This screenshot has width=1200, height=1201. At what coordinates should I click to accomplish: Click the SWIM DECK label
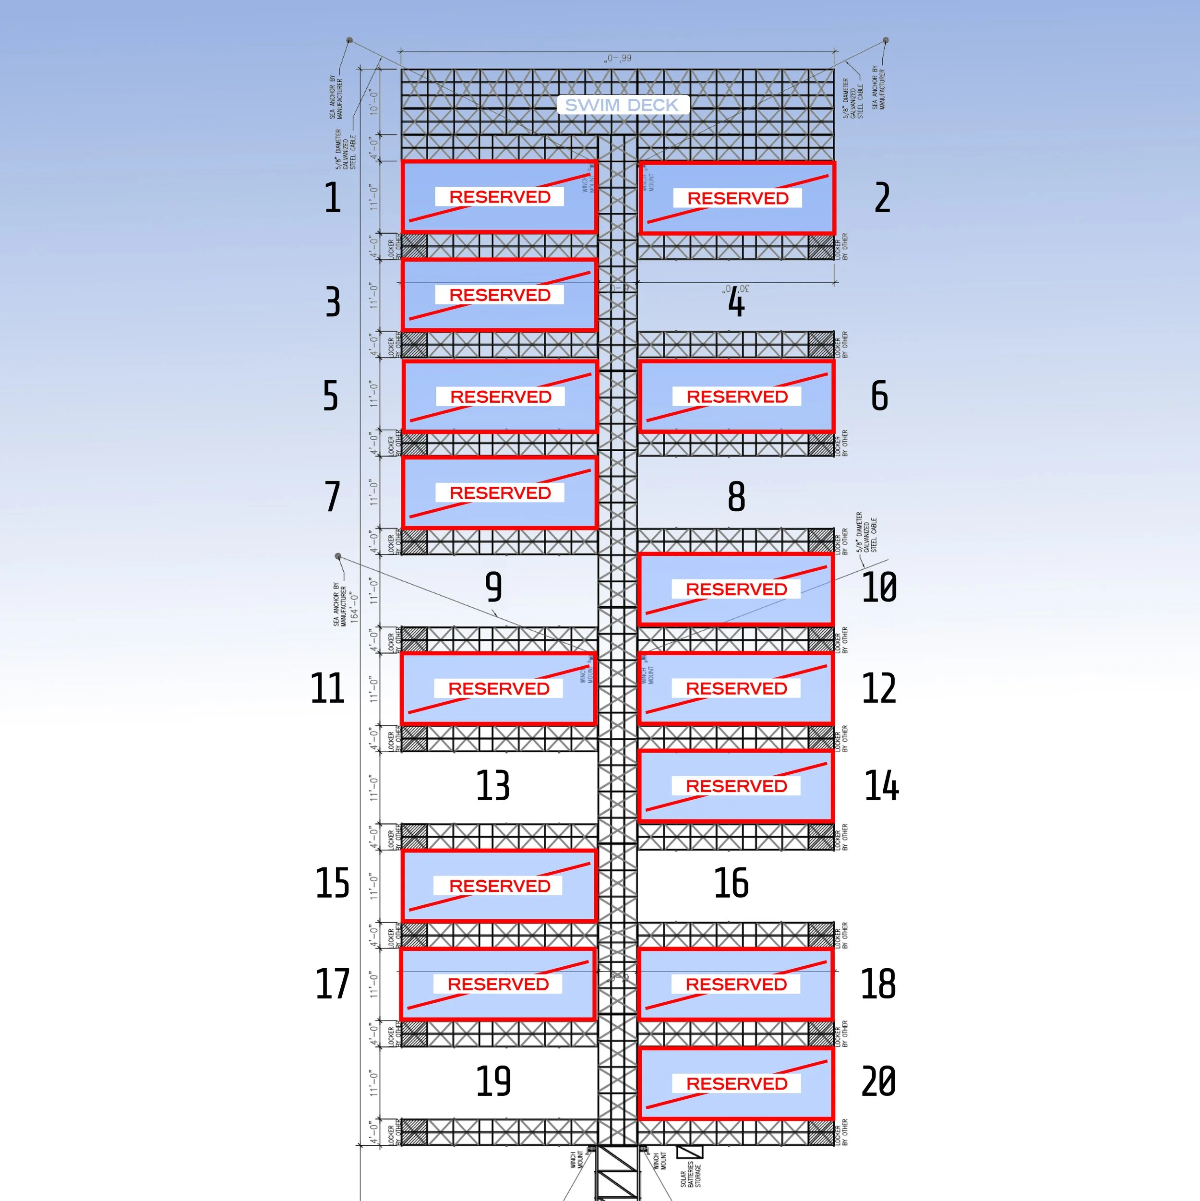pyautogui.click(x=622, y=105)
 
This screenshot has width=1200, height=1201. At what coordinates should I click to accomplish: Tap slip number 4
pyautogui.click(x=736, y=303)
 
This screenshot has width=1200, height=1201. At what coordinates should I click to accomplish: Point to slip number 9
pyautogui.click(x=493, y=587)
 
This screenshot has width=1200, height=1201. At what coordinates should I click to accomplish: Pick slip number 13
pyautogui.click(x=493, y=785)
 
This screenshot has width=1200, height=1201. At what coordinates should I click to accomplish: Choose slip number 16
pyautogui.click(x=731, y=883)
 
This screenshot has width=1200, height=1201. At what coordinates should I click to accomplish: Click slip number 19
pyautogui.click(x=493, y=1081)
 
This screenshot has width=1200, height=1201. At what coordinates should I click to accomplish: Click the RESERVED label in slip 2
pyautogui.click(x=737, y=198)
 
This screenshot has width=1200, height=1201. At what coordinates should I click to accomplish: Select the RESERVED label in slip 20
pyautogui.click(x=736, y=1083)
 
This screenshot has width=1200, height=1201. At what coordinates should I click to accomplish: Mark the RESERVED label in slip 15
pyautogui.click(x=499, y=885)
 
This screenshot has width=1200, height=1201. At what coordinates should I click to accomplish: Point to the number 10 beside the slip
pyautogui.click(x=879, y=587)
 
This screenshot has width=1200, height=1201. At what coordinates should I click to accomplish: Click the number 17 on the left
pyautogui.click(x=333, y=984)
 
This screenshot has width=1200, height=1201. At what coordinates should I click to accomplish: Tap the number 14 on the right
pyautogui.click(x=882, y=785)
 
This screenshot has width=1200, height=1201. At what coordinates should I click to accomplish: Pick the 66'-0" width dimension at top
pyautogui.click(x=618, y=58)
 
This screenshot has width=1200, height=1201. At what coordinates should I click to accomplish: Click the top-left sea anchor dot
pyautogui.click(x=349, y=40)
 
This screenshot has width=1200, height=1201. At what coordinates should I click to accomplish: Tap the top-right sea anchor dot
pyautogui.click(x=886, y=40)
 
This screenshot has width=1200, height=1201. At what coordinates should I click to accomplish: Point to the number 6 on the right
pyautogui.click(x=879, y=396)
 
